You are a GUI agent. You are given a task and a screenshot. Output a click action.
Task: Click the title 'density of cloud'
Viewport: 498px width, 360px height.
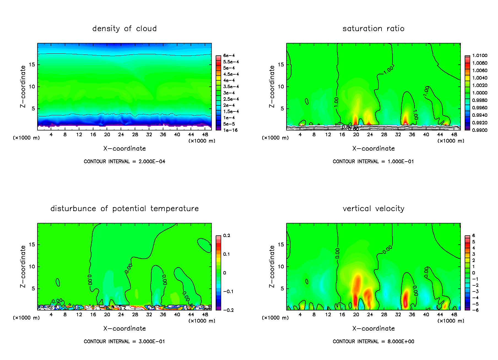click(124, 29)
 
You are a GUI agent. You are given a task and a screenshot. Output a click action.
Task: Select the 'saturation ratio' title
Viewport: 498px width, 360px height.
click(373, 29)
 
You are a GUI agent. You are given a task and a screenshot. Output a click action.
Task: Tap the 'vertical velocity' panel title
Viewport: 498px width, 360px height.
click(373, 209)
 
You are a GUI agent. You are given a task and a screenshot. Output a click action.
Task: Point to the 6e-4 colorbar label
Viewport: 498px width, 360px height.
click(229, 56)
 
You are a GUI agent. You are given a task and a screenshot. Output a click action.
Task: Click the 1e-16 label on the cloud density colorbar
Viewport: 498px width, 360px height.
click(230, 130)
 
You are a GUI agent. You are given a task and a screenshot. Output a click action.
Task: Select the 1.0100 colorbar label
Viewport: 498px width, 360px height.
click(480, 56)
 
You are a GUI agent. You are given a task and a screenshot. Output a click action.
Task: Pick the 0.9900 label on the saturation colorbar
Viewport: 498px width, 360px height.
click(480, 130)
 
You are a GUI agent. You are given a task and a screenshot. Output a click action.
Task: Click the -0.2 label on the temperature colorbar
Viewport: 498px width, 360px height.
click(228, 310)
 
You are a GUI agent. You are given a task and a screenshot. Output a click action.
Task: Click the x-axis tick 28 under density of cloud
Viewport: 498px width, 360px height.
click(135, 135)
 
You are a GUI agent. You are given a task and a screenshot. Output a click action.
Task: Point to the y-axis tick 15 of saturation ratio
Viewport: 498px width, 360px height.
click(281, 65)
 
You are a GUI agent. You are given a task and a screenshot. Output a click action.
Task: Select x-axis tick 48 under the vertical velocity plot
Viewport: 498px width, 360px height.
click(454, 315)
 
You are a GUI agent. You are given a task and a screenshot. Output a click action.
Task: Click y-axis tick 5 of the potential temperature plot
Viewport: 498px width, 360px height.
click(33, 289)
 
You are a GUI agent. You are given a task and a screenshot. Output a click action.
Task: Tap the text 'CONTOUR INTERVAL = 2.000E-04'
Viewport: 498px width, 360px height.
click(124, 162)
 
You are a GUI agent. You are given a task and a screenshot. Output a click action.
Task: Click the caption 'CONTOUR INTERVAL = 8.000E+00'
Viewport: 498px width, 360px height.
click(373, 342)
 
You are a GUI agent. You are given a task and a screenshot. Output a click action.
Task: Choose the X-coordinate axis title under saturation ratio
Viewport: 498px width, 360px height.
click(373, 149)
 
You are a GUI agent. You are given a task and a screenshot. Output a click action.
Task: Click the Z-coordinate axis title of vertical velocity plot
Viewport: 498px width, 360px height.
click(272, 266)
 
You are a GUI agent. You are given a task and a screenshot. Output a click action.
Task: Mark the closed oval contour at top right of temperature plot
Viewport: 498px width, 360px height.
click(204, 245)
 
